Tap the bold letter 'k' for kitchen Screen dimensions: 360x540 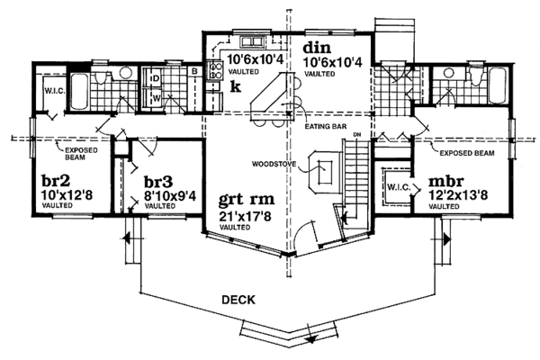235,86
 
